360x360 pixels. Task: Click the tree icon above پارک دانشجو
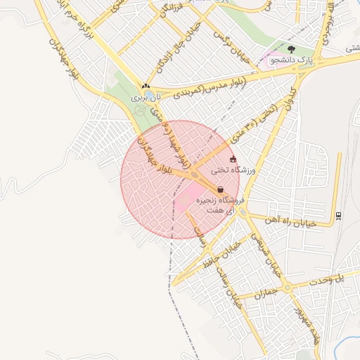tap(291, 50)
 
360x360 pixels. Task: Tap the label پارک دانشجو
tap(291, 62)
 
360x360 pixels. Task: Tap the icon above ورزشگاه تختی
tap(233, 160)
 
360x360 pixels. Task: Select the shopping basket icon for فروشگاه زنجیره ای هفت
tap(221, 189)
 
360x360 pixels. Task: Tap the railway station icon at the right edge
tap(339, 215)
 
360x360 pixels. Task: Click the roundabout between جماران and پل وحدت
tap(287, 288)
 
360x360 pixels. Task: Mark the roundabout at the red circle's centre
tap(194, 175)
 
